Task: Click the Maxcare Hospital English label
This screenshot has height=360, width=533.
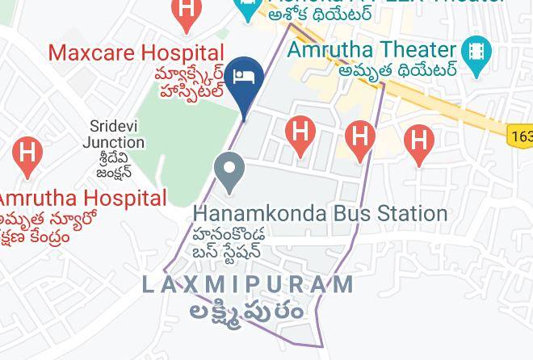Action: click(x=136, y=53)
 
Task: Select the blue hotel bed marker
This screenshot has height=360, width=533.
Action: click(x=242, y=79)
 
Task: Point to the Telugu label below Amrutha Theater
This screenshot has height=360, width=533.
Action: click(x=398, y=70)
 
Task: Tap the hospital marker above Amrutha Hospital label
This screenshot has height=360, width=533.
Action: click(x=27, y=153)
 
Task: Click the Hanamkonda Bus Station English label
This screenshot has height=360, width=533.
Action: click(x=320, y=214)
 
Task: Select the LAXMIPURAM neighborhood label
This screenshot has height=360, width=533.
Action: click(x=249, y=284)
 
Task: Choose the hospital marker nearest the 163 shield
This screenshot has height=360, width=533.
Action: click(x=418, y=140)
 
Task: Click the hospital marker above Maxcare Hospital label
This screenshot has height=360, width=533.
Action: click(x=187, y=12)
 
